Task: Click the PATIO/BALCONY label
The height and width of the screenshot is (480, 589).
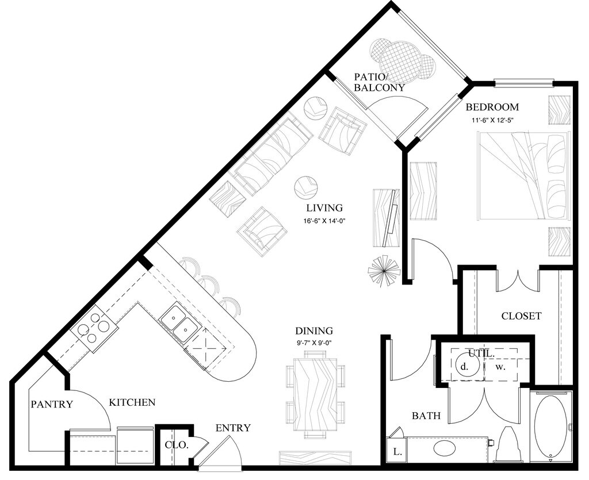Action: [379, 82]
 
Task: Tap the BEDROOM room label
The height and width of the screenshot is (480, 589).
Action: [492, 107]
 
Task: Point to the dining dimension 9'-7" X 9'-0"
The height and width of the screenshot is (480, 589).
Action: [314, 343]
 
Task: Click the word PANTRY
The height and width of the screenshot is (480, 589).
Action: [52, 404]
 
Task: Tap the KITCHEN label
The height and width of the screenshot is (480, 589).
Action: [132, 402]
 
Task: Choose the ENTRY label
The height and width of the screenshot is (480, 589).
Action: [233, 428]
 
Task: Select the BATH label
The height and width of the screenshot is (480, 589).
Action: [426, 416]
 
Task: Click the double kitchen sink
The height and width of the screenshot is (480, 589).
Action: [179, 322]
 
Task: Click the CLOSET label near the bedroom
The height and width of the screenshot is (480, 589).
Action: [521, 316]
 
